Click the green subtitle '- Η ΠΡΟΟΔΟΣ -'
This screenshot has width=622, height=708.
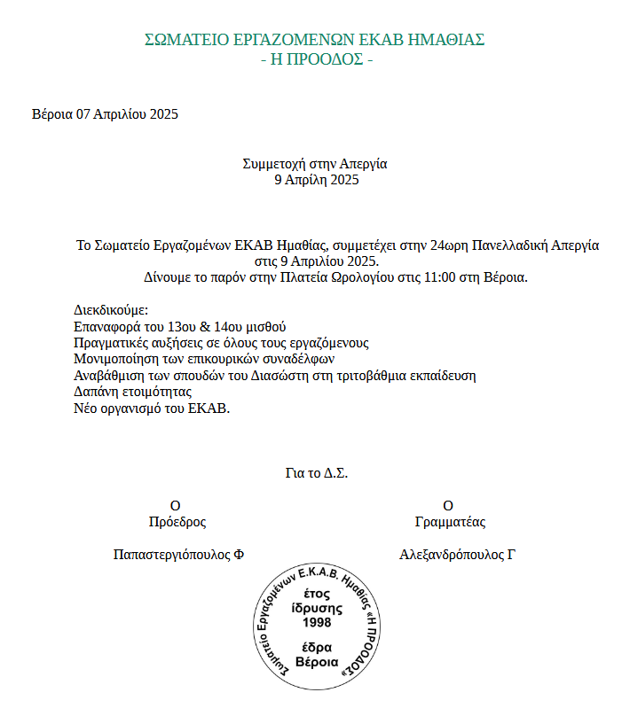(x=316, y=60)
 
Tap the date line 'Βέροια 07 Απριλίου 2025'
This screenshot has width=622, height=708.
(x=106, y=114)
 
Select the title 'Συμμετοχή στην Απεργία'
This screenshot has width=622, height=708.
(x=315, y=164)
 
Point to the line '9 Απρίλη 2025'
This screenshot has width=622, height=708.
(x=315, y=180)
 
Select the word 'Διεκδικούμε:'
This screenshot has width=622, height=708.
(x=111, y=311)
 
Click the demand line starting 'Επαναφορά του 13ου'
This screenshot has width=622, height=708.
(x=180, y=327)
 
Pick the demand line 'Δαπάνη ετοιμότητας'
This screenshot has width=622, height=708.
(x=133, y=391)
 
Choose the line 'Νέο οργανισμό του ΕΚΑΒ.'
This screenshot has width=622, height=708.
(x=152, y=408)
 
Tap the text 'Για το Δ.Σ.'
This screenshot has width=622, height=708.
(x=317, y=473)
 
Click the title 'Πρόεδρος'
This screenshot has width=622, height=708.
(x=177, y=522)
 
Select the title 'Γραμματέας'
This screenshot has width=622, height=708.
(x=450, y=522)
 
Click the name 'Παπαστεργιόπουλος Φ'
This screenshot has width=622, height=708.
(x=178, y=556)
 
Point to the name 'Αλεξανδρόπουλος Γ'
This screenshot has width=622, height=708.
(x=458, y=556)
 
